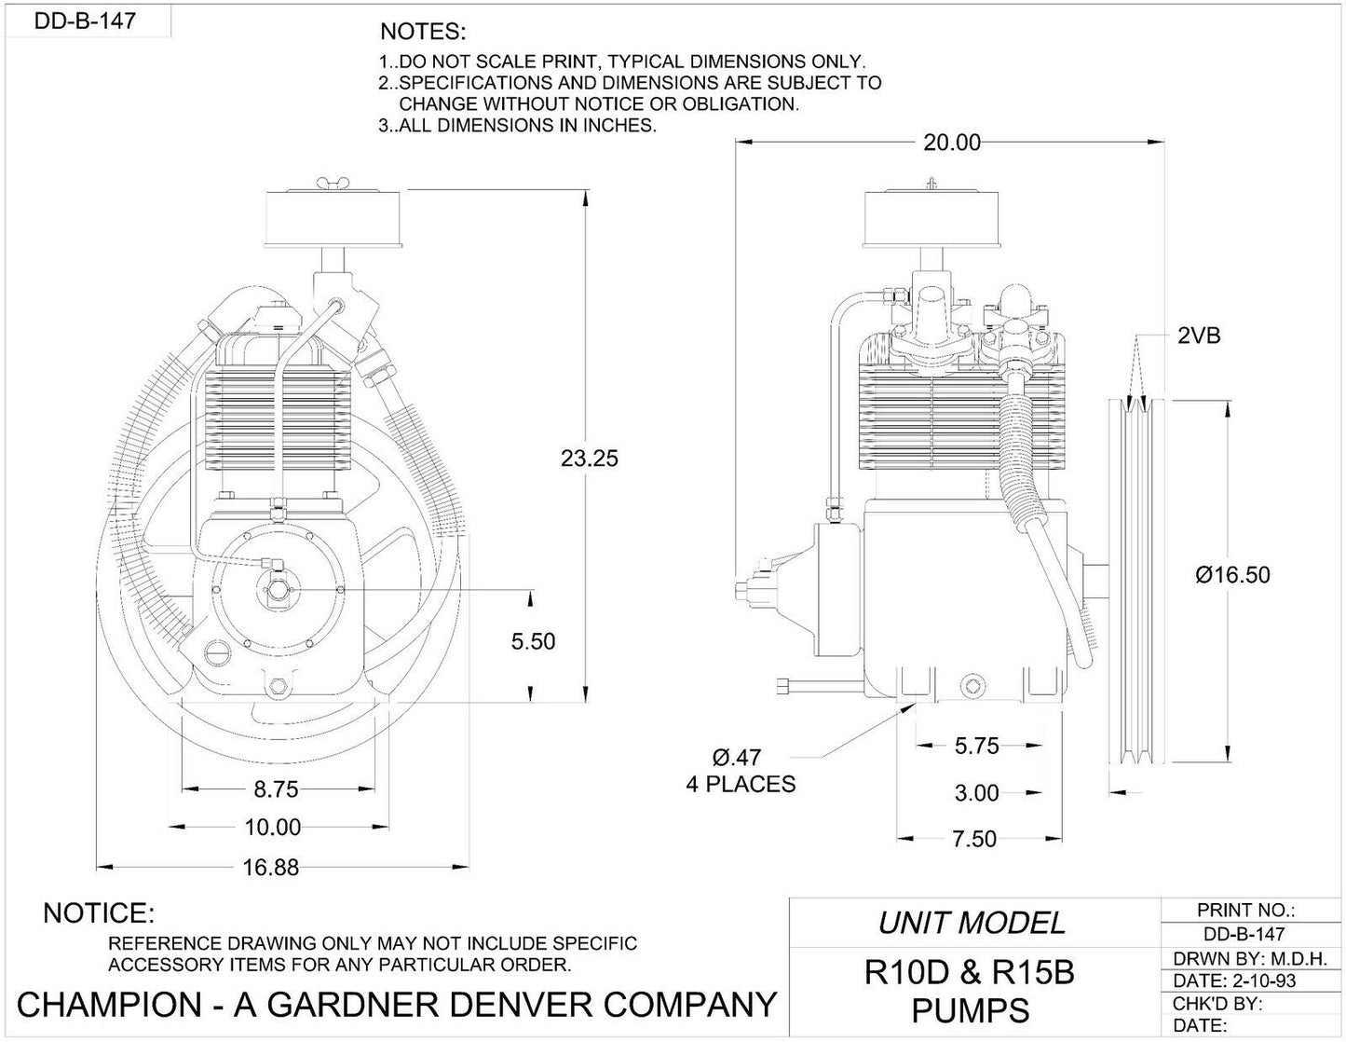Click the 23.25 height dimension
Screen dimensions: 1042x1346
(x=589, y=459)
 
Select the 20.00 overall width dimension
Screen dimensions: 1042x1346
(x=951, y=143)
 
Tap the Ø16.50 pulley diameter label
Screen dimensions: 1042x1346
(x=1232, y=575)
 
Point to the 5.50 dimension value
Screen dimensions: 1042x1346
(x=532, y=641)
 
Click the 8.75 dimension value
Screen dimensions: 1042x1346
(x=276, y=789)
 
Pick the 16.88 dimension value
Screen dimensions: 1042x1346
(x=270, y=868)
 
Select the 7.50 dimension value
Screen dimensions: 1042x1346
(x=973, y=839)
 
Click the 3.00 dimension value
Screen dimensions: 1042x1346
(x=976, y=793)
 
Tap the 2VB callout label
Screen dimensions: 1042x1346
(x=1198, y=336)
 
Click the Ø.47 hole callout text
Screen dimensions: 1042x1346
(x=736, y=758)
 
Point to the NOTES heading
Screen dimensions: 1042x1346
(x=423, y=32)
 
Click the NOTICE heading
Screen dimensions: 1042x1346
(x=99, y=912)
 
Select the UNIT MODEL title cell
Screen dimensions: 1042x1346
(x=972, y=923)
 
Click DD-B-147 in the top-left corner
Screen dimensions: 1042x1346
(x=85, y=21)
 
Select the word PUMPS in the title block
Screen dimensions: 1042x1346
(x=970, y=1010)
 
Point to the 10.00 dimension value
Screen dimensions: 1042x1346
(x=274, y=828)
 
